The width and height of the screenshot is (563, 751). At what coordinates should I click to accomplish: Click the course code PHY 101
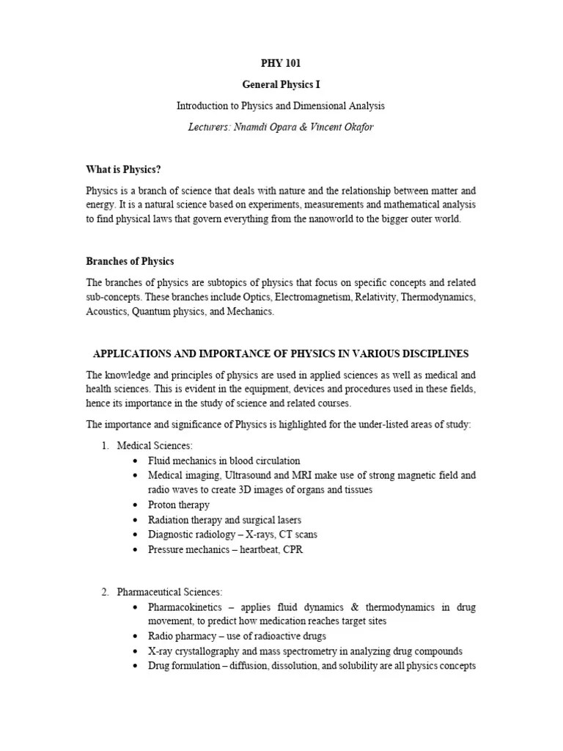click(281, 64)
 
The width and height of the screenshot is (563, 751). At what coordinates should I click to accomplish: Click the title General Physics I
click(281, 85)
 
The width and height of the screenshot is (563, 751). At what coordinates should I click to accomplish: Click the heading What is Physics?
click(123, 169)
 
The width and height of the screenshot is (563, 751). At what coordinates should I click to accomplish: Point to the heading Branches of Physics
click(130, 261)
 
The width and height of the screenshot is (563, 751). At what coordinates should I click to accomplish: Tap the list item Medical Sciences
click(155, 445)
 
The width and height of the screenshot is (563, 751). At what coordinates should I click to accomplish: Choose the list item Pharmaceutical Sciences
click(170, 592)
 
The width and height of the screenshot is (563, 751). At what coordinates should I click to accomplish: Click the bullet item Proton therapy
click(179, 505)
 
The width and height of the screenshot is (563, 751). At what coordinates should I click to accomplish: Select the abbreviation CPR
click(292, 549)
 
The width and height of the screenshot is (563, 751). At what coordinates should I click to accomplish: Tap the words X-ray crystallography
click(200, 651)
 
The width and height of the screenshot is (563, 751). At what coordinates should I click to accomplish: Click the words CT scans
click(298, 535)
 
